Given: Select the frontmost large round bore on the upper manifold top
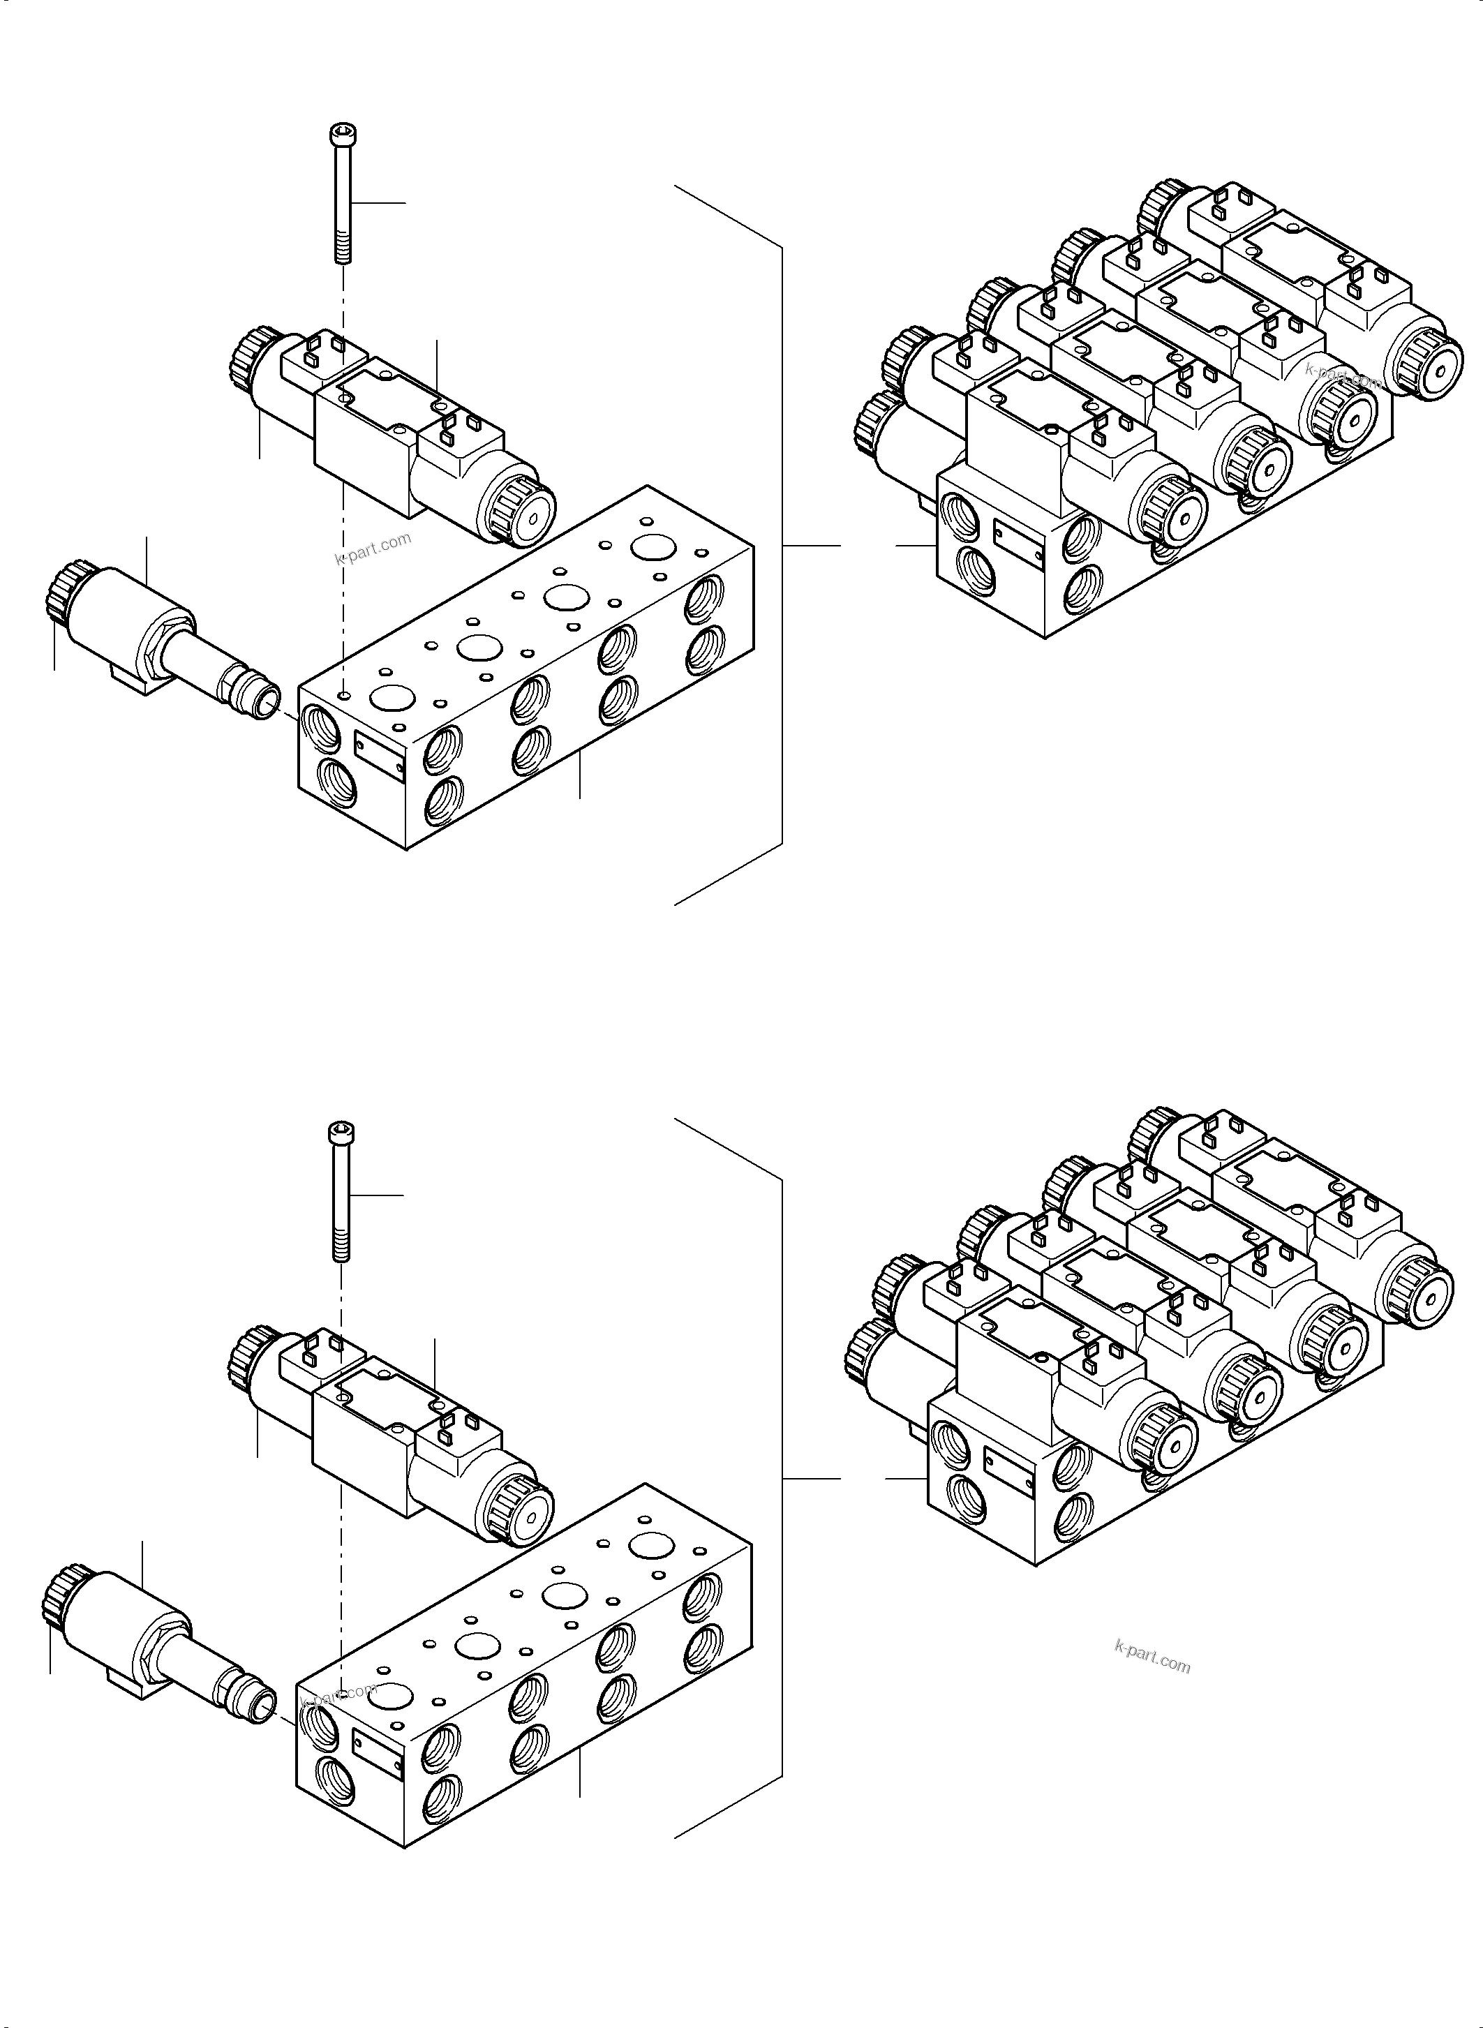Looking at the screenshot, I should (392, 696).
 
